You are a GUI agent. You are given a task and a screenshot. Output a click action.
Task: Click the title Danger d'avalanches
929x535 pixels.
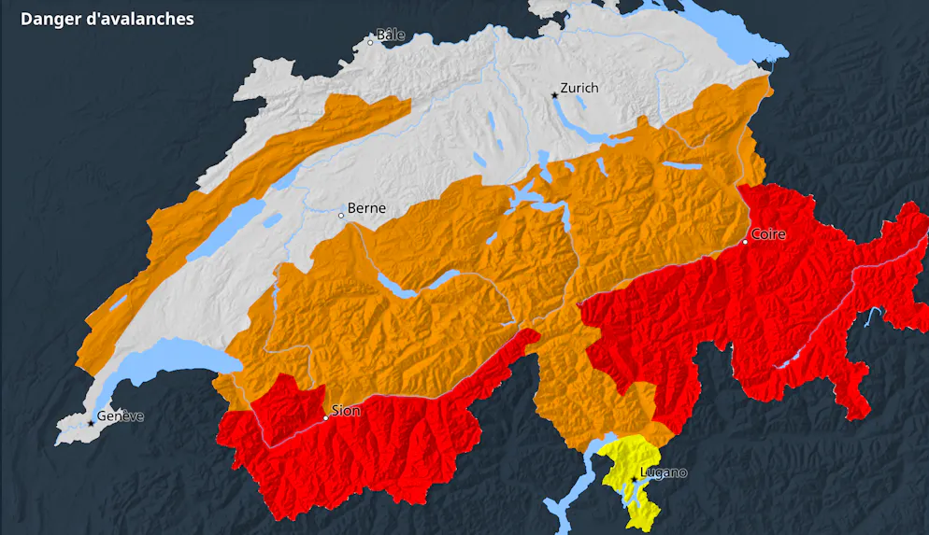107,19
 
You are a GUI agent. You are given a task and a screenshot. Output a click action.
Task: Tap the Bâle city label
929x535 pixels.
391,35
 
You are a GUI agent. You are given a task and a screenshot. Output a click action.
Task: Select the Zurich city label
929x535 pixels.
579,88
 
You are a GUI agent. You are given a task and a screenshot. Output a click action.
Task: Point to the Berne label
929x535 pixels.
366,208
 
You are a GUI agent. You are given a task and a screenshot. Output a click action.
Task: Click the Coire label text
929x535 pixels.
768,233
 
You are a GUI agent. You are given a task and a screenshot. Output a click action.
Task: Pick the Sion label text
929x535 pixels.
346,410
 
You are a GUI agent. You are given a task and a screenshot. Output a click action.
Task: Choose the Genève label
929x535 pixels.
121,416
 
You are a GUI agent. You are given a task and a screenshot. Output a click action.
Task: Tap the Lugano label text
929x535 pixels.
663,472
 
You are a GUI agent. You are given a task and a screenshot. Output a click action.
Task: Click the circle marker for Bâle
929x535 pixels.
370,42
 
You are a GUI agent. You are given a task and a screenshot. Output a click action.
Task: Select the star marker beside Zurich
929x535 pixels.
554,95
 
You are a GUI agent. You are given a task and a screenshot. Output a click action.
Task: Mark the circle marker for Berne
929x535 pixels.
341,216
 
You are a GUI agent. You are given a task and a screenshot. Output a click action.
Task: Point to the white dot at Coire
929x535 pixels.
746,242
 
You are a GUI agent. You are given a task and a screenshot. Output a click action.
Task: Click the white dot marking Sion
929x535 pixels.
325,418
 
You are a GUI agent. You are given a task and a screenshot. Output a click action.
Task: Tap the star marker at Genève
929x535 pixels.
91,424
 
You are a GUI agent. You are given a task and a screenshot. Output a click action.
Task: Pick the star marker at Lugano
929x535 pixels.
635,479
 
